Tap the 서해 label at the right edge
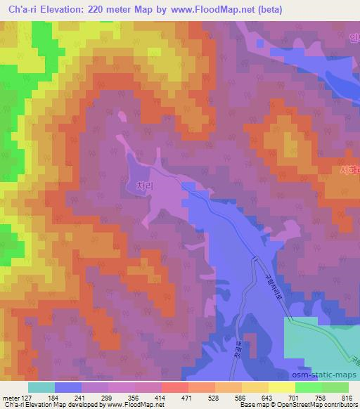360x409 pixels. tap(349, 169)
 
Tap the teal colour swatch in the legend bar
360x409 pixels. tap(41, 387)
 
